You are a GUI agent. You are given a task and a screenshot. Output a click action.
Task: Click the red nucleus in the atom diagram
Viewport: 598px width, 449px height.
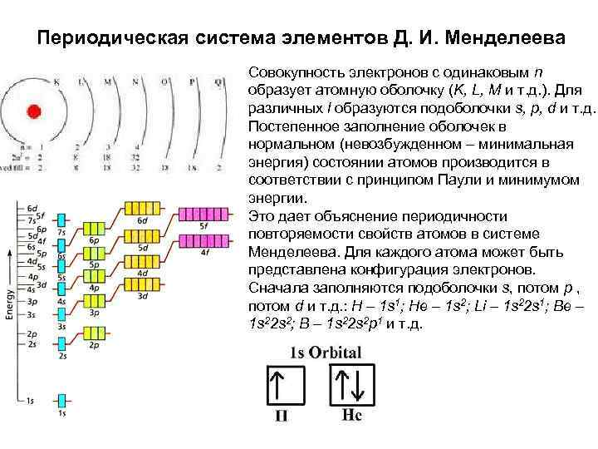[x=33, y=111]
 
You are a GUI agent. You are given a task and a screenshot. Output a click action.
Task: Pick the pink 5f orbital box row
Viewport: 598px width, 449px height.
[x=203, y=211]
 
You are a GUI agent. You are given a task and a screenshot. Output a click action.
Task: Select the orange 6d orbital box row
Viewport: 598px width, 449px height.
[x=143, y=207]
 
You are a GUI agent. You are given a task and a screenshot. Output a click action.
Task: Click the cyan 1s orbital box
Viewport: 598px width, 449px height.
[x=61, y=402]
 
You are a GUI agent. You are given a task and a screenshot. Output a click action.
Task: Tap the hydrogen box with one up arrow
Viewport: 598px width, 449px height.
[x=283, y=388]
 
